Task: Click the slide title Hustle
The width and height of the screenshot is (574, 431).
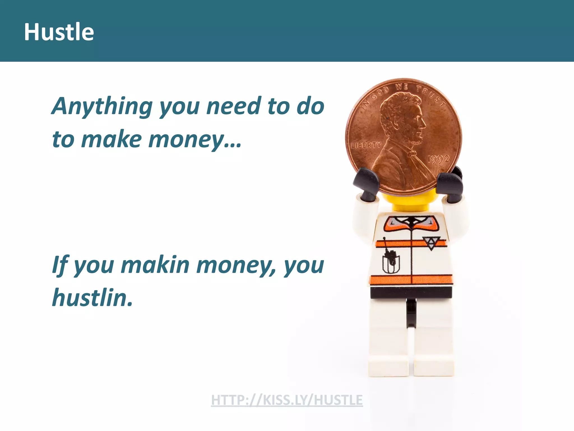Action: (59, 32)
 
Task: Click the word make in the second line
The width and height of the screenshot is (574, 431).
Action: (112, 139)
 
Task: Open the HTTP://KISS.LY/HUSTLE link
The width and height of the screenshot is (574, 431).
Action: (287, 400)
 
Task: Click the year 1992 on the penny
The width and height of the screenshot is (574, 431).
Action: (438, 159)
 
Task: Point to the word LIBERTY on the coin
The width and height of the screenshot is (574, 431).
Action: (366, 145)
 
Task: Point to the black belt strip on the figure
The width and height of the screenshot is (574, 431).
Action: (411, 293)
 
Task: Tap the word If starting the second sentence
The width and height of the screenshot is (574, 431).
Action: (60, 265)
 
